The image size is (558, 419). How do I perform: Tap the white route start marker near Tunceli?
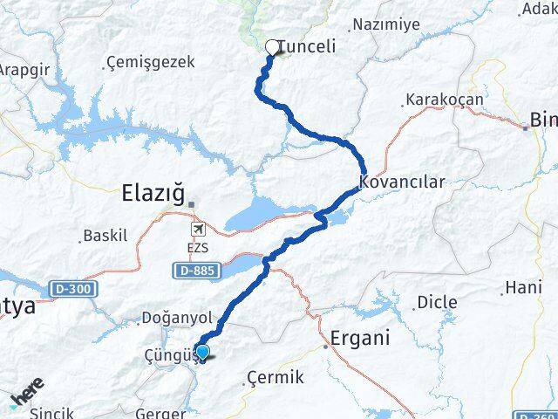tap(272, 48)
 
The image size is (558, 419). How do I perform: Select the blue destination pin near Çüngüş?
tap(202, 353)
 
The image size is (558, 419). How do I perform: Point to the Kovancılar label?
tap(402, 182)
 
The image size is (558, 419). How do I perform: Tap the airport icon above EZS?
tap(198, 229)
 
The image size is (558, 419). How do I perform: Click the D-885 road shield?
tap(196, 271)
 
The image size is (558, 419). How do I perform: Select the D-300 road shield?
tap(73, 287)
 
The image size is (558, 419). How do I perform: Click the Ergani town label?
tap(359, 338)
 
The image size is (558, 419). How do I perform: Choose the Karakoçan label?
tap(444, 100)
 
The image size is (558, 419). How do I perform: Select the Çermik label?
tap(275, 377)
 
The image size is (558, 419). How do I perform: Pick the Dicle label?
tap(436, 302)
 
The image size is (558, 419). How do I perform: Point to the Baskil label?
tap(105, 236)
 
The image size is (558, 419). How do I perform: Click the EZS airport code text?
tap(198, 248)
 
